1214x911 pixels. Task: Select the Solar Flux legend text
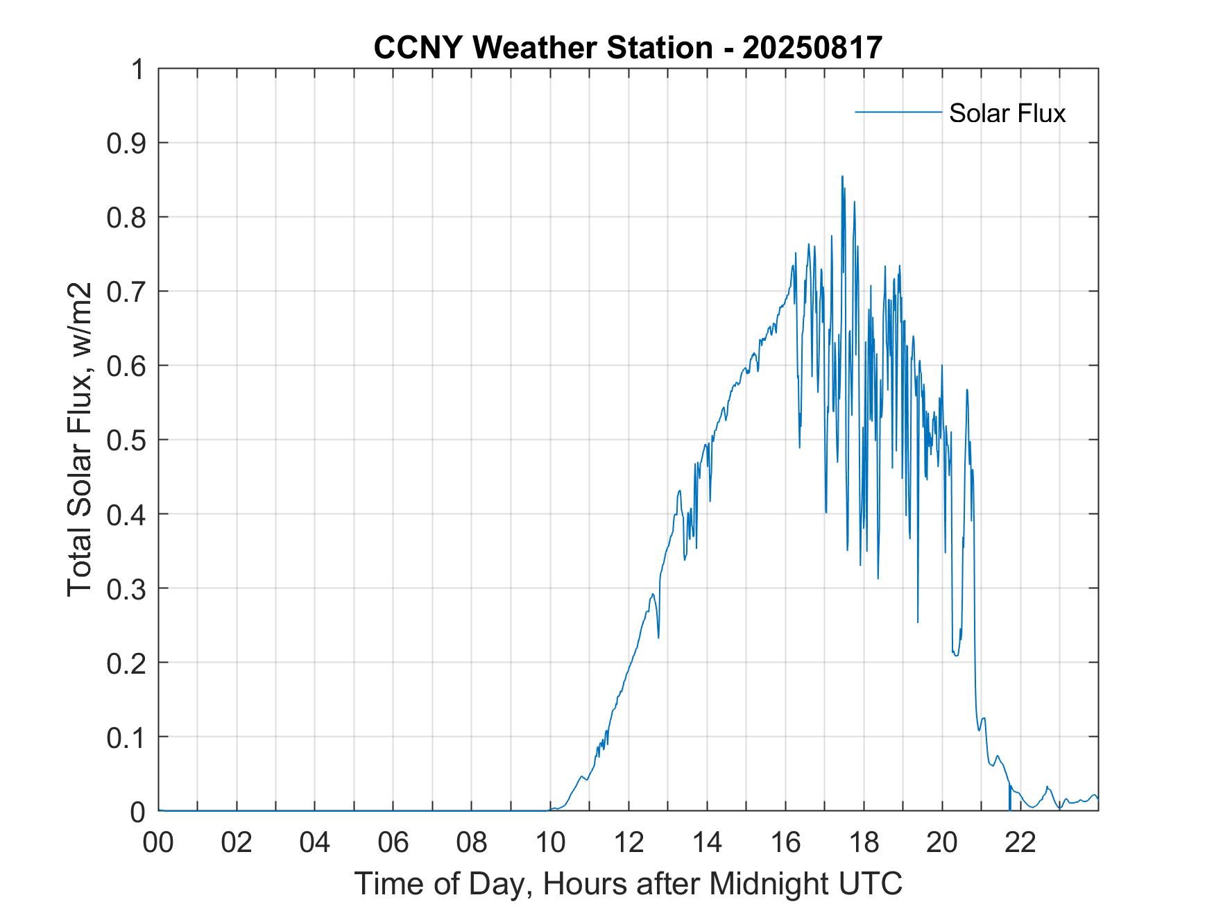point(1007,113)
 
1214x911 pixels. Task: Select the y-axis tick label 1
point(138,69)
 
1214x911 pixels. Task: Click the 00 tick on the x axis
point(158,842)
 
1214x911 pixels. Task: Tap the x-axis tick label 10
point(550,842)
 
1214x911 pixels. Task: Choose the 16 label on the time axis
point(785,842)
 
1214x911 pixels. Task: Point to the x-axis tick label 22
point(1020,842)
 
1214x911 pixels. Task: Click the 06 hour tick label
point(393,842)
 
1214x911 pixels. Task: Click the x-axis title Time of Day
point(628,883)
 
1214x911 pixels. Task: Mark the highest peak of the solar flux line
point(842,176)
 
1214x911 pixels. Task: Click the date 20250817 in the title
point(812,47)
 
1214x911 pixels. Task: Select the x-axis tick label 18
point(864,842)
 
